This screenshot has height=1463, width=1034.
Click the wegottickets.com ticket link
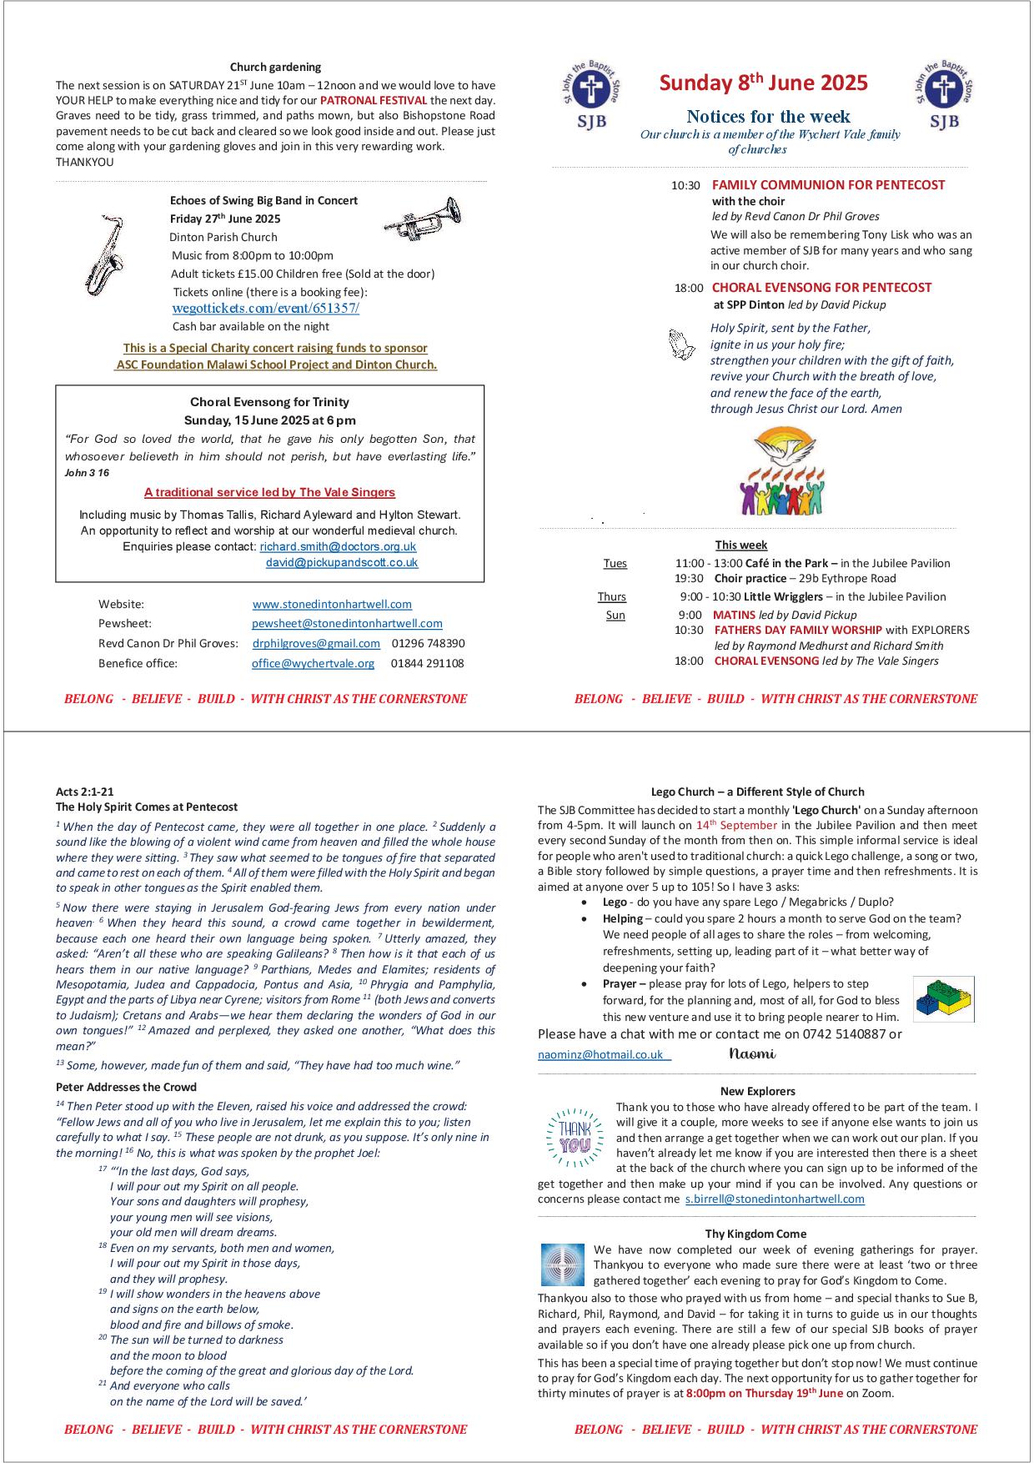265,308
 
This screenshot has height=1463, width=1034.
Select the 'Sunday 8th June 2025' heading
763,83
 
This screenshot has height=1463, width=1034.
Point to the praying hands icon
682,344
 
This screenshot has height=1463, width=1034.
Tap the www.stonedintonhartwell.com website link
332,604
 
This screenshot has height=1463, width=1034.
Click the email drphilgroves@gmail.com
316,643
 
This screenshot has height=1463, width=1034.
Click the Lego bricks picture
943,998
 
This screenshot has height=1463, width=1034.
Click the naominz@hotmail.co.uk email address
600,1054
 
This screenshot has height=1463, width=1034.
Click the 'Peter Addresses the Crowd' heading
126,1087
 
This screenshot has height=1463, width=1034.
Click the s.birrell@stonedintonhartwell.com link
775,1199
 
